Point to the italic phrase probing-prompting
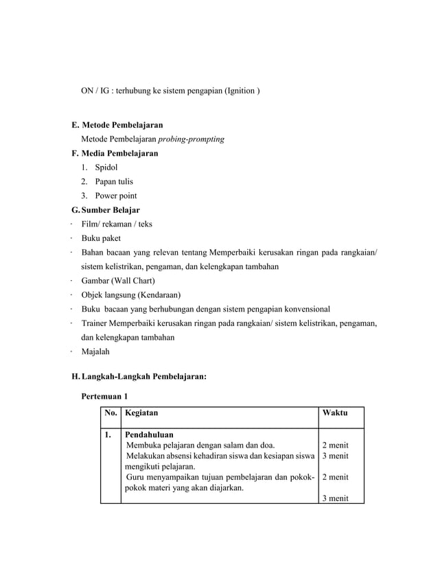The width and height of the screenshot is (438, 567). click(191, 139)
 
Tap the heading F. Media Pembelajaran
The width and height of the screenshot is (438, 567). click(115, 153)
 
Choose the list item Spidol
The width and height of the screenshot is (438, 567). click(107, 167)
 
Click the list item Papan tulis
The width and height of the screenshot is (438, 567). click(114, 182)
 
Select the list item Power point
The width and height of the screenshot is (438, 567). click(115, 196)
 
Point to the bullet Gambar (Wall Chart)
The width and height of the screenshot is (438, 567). click(118, 281)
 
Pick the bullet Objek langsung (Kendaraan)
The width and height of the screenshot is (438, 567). click(130, 295)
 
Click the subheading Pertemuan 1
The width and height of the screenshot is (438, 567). click(104, 397)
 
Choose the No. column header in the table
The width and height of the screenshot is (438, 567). click(110, 413)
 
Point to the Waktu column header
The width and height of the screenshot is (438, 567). click(334, 413)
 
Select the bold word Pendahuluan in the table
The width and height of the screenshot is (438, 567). click(148, 435)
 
